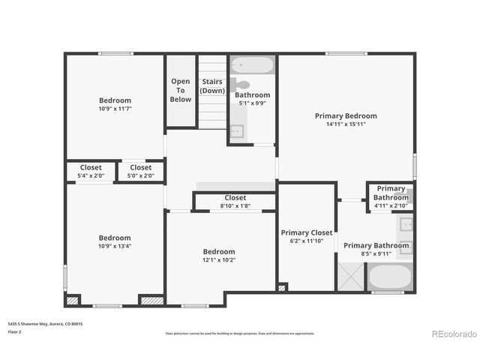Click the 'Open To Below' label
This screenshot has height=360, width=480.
tap(180, 90)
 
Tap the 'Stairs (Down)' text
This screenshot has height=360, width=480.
tap(212, 85)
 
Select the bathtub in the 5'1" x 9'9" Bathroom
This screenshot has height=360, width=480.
tap(252, 65)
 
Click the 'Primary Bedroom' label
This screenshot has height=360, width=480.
tap(346, 115)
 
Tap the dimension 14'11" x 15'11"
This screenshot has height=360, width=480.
tap(346, 125)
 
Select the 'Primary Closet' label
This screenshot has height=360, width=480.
tap(306, 232)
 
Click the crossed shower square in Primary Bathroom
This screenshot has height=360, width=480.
tap(350, 276)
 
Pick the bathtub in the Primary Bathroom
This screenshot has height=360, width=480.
tap(389, 277)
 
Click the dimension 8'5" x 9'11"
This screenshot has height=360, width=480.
tap(376, 254)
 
